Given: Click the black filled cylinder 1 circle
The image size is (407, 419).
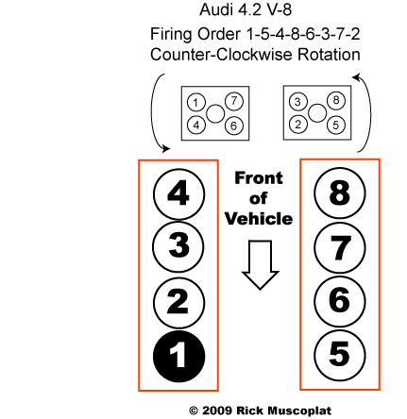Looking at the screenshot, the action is pos(178,356).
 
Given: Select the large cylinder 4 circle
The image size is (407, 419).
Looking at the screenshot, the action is pos(178,194).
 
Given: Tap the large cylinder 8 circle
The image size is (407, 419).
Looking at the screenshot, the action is pos(340,193).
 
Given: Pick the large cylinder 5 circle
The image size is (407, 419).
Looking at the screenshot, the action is pos(340,355).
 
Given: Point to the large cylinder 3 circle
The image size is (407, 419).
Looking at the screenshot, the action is pos(178,246).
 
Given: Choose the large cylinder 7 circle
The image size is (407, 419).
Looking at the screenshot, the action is pos(340,247).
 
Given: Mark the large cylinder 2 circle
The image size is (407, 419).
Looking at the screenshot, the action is pos(178,303).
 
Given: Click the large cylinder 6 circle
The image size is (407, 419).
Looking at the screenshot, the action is pos(340,301).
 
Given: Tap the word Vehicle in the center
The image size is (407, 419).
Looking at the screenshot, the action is pos(259,219).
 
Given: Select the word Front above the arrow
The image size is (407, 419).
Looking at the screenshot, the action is pos(259,178).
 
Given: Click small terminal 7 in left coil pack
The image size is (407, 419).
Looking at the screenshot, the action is pos(234,101).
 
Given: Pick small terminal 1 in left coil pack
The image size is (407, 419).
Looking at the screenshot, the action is pos(195,103).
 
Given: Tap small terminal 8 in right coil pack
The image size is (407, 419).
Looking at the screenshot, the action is pos(336,101).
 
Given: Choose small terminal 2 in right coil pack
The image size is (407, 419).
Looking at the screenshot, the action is pos(297,125).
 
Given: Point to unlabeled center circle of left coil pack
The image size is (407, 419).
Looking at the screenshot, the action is pos(215,113).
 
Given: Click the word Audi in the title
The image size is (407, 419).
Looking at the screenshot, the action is pos(215,9).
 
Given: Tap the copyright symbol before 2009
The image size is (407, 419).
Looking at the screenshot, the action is pos(194,411).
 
